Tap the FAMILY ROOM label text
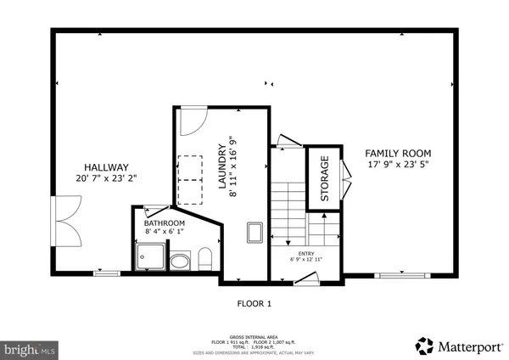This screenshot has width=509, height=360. pos(397,153)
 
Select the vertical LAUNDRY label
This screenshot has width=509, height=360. pos(231,156)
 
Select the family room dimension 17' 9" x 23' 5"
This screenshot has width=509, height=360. pos(397,165)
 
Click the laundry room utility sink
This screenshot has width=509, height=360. pos(253,231)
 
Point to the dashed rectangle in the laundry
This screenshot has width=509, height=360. pos(193,181)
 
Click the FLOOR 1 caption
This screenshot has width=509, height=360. pos(254,302)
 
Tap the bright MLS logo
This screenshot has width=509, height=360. pos(30,348)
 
